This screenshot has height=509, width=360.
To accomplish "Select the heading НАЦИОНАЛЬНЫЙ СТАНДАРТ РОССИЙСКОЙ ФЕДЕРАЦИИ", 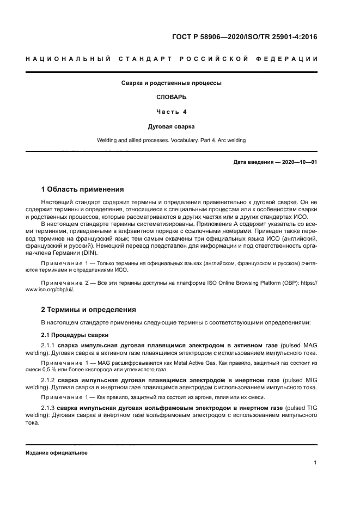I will click(172, 59).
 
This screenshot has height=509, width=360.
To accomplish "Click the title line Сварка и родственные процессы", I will click(171, 83).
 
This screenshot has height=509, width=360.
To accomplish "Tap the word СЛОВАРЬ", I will click(171, 97).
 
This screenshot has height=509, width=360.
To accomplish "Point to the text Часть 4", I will click(171, 112).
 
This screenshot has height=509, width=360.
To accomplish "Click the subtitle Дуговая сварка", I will click(171, 126).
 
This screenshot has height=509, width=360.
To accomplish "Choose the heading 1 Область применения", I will click(83, 189).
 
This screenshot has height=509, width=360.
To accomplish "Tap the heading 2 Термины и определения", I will click(89, 309).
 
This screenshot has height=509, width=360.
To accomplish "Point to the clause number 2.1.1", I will click(49, 346).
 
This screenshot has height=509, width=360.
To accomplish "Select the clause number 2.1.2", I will click(49, 378).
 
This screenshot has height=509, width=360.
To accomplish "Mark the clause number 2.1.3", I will click(49, 408).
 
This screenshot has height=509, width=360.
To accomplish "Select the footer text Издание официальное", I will click(57, 453).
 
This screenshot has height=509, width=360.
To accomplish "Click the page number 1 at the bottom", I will click(315, 463).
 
